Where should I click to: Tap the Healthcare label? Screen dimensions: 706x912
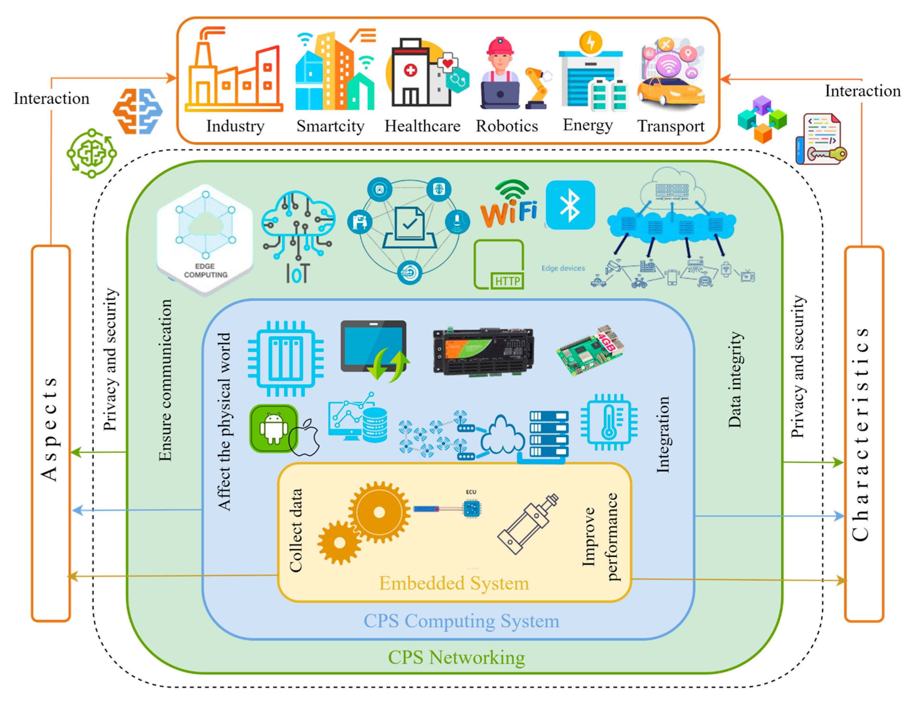(422, 126)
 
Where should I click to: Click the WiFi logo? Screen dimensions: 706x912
(509, 205)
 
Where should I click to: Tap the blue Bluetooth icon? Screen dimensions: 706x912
(570, 205)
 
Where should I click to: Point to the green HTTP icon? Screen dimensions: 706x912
(499, 264)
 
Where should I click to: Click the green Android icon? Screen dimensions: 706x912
(273, 428)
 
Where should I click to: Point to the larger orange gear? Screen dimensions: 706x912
(379, 512)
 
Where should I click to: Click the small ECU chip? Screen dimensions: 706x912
(472, 508)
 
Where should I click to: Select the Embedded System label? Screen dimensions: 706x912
(454, 583)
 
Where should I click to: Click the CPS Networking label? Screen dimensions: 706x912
(456, 657)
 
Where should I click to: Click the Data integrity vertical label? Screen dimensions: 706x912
(735, 380)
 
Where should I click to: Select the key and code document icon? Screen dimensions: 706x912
(821, 139)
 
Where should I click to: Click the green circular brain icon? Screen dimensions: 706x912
(91, 153)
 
